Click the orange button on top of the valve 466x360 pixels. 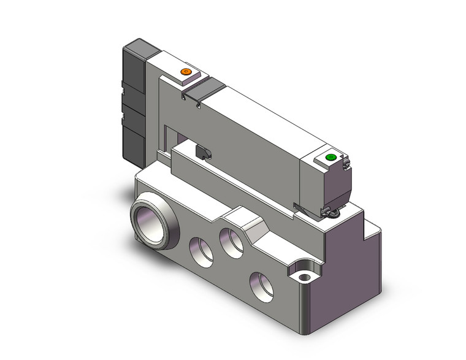tap(186, 72)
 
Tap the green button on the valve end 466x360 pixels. tap(331, 158)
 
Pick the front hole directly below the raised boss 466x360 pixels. tap(232, 242)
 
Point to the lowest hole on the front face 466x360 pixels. tap(261, 284)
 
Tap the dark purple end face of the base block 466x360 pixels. tap(349, 276)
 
